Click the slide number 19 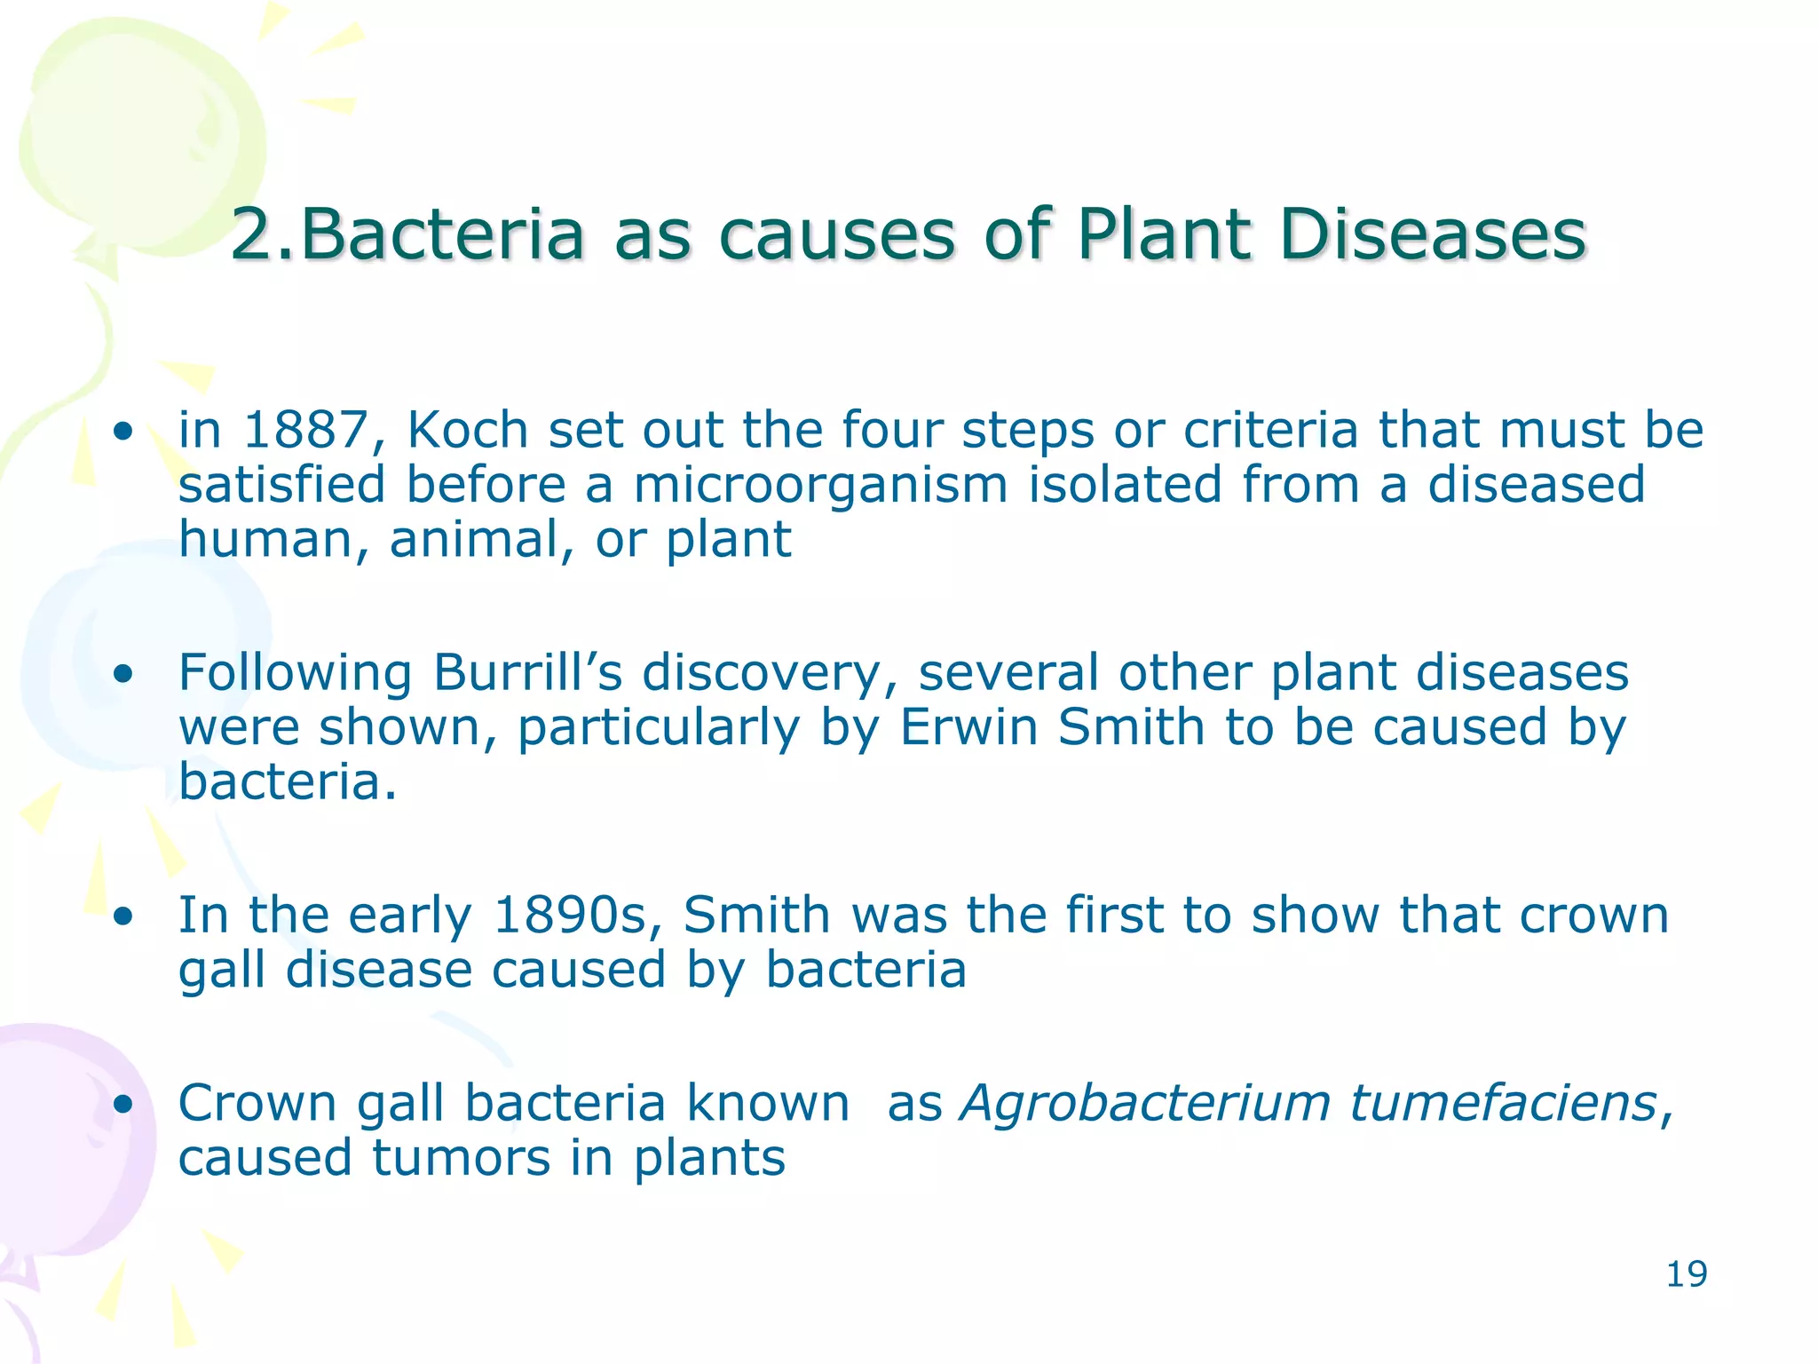1686,1274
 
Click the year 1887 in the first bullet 304,431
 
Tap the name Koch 468,431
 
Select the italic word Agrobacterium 1145,1105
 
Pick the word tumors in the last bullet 461,1159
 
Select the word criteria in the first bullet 1270,431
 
